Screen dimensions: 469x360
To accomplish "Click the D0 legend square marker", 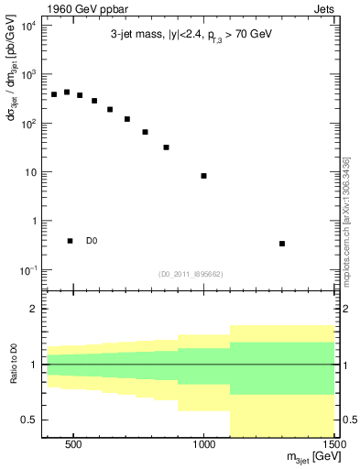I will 71,241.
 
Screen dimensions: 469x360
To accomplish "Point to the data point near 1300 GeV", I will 282,244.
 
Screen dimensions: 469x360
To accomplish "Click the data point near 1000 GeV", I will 203,176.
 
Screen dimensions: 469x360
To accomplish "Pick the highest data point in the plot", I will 67,93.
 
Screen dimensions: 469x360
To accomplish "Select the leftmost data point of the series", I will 54,94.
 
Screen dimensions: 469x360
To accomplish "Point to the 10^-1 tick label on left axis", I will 27,270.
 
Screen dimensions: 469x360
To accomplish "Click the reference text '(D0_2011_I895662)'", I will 191,273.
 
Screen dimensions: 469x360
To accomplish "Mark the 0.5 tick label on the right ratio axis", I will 348,420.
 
